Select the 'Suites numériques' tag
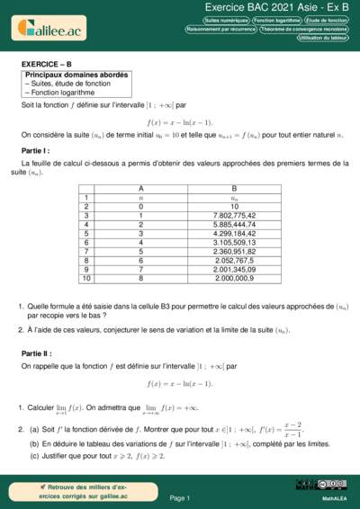[226, 19]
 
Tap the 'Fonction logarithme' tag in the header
[276, 19]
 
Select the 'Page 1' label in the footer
[179, 497]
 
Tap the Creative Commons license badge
[308, 486]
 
